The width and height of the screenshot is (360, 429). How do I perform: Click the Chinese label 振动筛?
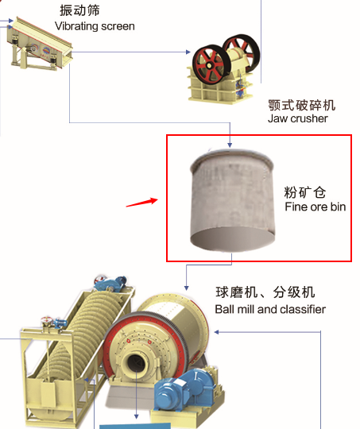tap(79, 10)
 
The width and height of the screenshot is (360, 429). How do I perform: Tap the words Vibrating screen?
tap(95, 26)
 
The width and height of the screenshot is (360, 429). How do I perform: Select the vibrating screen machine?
tap(40, 44)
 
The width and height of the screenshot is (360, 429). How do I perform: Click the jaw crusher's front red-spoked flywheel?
tap(208, 64)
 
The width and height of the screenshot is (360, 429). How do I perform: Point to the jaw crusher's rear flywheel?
tap(242, 52)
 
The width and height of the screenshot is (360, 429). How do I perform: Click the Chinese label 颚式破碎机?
tap(302, 106)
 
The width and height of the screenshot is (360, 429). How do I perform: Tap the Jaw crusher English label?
tap(297, 118)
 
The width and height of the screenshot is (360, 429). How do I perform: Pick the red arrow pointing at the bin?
tap(141, 203)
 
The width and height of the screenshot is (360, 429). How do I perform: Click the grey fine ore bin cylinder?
tap(232, 199)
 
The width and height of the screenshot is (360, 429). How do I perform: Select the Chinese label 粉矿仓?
tap(304, 192)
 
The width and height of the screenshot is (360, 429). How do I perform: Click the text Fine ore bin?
tap(315, 207)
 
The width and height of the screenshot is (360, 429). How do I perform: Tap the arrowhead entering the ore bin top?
tap(230, 145)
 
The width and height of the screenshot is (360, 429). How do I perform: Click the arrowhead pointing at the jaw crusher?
tap(188, 52)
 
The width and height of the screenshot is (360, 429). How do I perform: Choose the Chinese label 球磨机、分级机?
tap(265, 292)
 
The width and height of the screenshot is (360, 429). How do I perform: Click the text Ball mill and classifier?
tap(270, 310)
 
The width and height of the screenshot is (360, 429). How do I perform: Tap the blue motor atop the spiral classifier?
tap(112, 283)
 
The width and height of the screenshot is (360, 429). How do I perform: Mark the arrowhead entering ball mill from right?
tap(216, 332)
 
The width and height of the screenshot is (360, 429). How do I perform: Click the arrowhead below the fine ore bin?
tap(187, 288)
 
